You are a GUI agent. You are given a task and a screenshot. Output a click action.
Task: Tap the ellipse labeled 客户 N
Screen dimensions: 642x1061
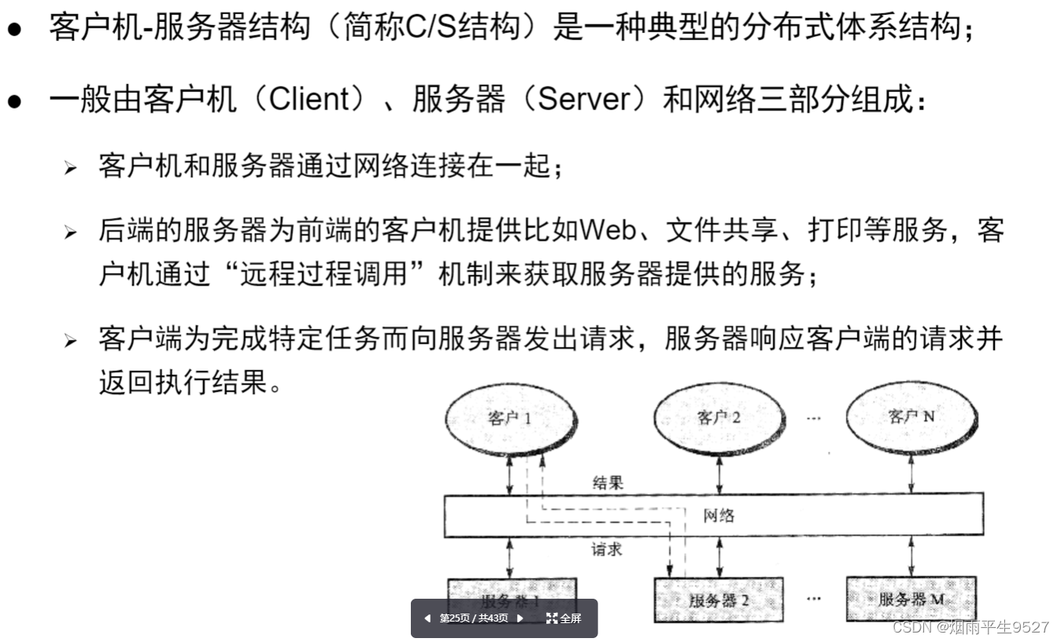point(911,417)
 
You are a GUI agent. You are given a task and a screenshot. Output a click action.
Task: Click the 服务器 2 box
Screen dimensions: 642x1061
point(719,601)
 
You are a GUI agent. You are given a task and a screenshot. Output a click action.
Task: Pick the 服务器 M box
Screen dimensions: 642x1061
point(911,599)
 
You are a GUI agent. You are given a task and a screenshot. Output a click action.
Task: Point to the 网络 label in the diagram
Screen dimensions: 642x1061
point(719,515)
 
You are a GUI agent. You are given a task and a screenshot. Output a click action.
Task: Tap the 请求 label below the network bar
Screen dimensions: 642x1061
point(607,549)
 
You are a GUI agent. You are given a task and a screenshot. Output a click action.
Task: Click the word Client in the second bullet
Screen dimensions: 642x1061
point(309,100)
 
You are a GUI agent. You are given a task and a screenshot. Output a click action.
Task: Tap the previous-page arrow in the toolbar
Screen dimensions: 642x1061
point(427,618)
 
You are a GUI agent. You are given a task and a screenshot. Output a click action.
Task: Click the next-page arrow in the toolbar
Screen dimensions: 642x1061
point(519,618)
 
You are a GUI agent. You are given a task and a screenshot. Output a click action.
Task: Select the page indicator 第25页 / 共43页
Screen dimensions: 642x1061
point(473,618)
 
